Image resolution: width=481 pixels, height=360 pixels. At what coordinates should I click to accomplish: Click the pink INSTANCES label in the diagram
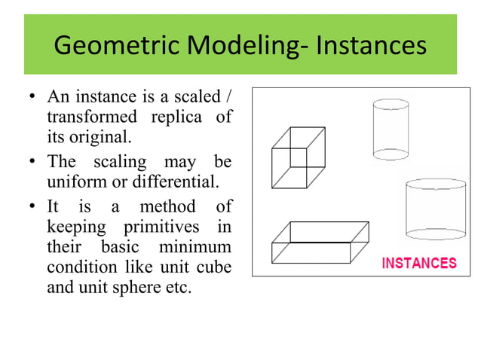coord(419,264)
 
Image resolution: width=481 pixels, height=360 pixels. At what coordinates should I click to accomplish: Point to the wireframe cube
coord(298,157)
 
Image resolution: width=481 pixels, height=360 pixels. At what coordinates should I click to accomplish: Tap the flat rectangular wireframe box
coord(320,242)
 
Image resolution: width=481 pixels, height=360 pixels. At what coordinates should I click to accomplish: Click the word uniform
coord(73,182)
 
